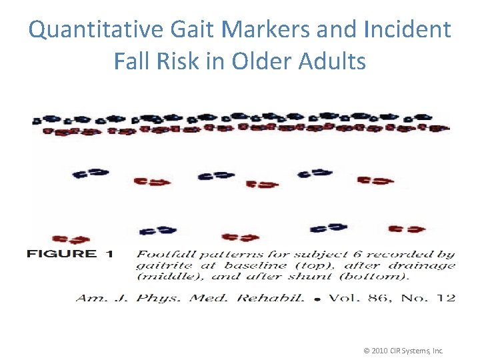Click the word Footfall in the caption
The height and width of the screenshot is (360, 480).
pyautogui.click(x=163, y=254)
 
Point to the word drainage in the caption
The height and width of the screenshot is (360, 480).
pyautogui.click(x=423, y=265)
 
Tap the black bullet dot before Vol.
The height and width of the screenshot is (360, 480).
pyautogui.click(x=317, y=299)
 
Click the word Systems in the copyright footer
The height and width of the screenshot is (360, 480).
pyautogui.click(x=413, y=351)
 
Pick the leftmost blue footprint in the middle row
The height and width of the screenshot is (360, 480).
pyautogui.click(x=91, y=173)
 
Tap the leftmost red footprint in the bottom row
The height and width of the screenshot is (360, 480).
pyautogui.click(x=70, y=239)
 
